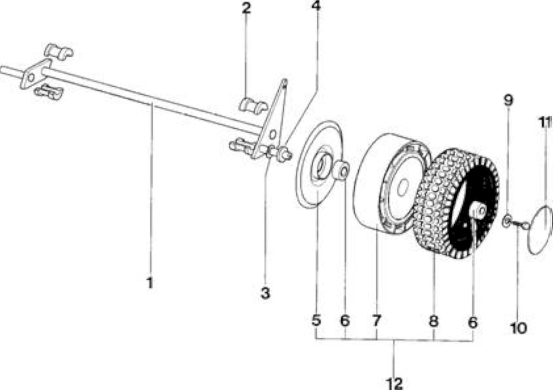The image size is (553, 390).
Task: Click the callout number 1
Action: (x=149, y=283)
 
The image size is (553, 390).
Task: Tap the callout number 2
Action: (x=246, y=9)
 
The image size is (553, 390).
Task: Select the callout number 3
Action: (x=265, y=293)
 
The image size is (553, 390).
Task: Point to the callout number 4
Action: (x=316, y=6)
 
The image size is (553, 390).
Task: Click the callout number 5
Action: (x=316, y=320)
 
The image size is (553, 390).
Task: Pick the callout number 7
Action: (x=376, y=320)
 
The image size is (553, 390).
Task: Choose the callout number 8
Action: (x=433, y=321)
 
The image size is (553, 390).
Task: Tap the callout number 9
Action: (x=508, y=100)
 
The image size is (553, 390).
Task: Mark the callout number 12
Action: (x=394, y=384)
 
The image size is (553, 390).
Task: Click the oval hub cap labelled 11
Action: (x=540, y=230)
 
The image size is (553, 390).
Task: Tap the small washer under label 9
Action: (x=506, y=221)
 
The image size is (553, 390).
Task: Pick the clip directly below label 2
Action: (x=253, y=106)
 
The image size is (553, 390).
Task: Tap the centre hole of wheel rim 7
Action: (x=403, y=187)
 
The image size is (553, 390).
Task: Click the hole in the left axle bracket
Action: (x=31, y=77)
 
